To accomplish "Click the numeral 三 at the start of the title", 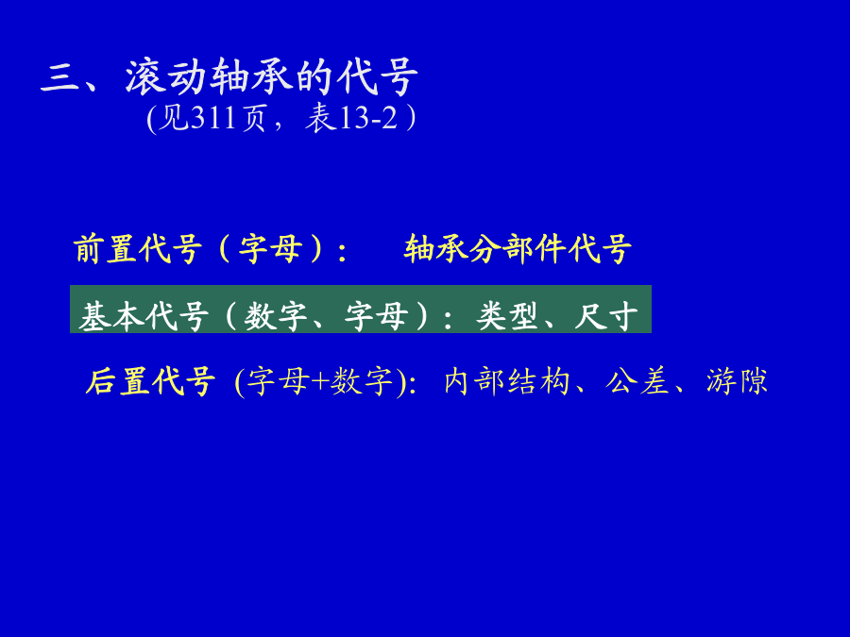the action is coord(59,78).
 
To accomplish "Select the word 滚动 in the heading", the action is coord(166,77).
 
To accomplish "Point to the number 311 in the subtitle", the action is coord(214,118).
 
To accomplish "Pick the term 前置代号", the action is coord(138,249).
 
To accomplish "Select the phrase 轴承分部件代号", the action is coord(518,249).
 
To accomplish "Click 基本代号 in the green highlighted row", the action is coord(144,316).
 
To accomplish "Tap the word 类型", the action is coord(507,316).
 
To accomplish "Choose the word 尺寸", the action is coord(606,316).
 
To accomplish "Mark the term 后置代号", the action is coord(150,381).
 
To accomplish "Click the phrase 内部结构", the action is coord(507,381).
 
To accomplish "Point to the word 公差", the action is coord(637,381).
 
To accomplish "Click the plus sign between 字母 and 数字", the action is coord(320,381).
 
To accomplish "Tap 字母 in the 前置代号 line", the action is coord(270,249).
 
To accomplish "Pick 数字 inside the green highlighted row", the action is coord(276,316).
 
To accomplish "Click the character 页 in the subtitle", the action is coord(254,118).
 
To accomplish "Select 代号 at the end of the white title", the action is coord(377,77).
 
